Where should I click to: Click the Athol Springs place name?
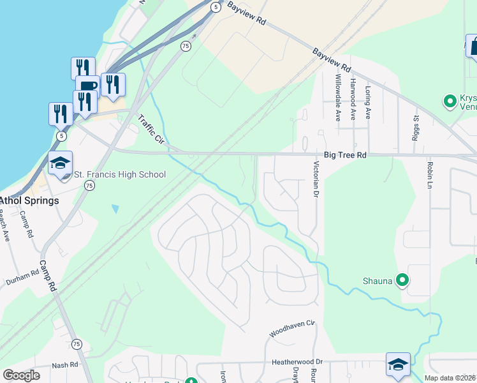point(29,200)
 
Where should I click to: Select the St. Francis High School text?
point(121,174)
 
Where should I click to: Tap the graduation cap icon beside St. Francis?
point(61,164)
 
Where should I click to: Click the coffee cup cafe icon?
point(87,86)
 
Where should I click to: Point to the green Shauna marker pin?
point(402,280)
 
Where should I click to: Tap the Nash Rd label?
point(64,365)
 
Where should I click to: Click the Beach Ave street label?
point(5,226)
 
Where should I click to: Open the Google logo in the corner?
point(21,375)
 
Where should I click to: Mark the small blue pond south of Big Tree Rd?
point(115,208)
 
